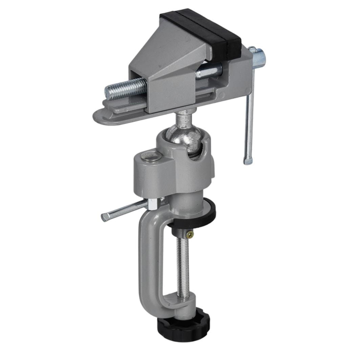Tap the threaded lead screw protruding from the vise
124,88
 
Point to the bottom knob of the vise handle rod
248,160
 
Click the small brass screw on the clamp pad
190,235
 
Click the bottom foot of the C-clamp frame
170,309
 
